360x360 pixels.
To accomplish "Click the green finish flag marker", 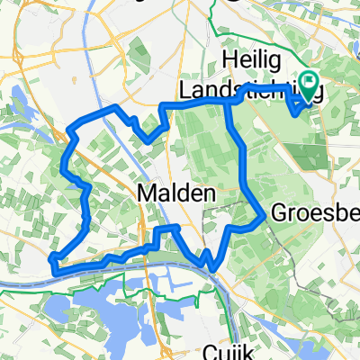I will click(311, 86).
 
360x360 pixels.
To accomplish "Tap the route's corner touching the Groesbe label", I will click(263, 215).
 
